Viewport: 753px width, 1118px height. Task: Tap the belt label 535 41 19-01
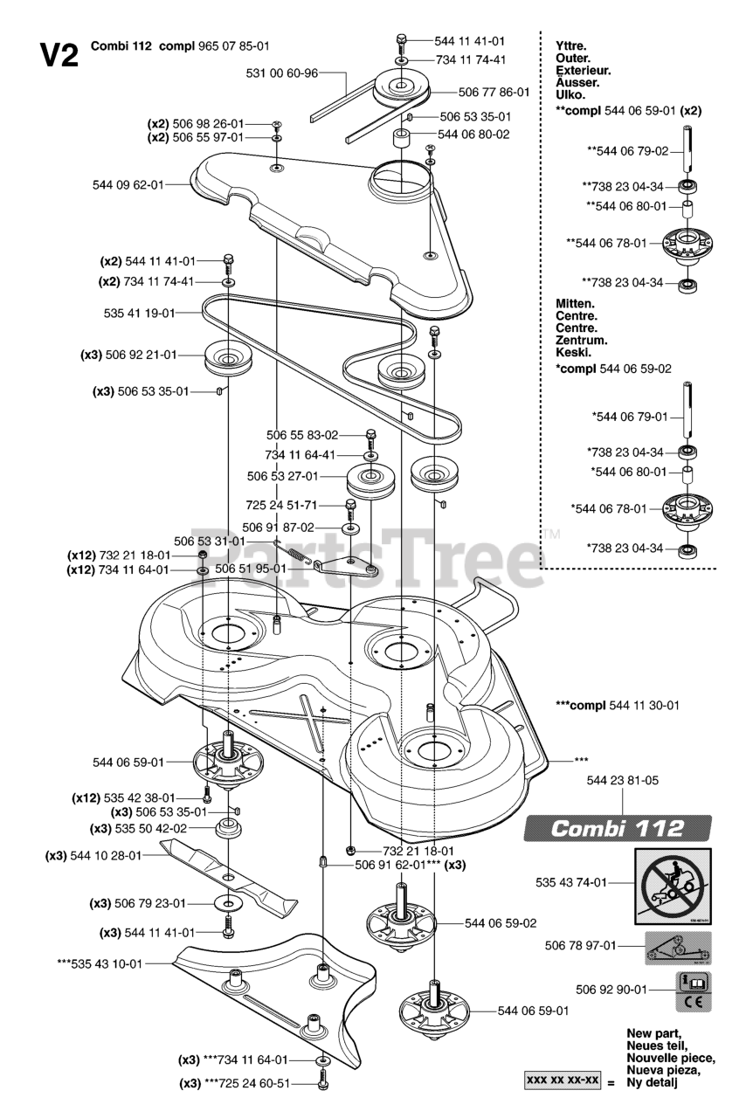point(140,312)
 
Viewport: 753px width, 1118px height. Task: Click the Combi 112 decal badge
point(618,828)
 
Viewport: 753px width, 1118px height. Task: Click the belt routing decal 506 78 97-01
point(677,946)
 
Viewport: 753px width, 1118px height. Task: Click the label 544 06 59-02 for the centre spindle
point(501,921)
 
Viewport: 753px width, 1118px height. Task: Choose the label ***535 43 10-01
point(99,963)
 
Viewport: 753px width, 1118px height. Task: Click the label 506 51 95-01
point(251,568)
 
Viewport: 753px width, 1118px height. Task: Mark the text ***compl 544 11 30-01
point(618,704)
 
